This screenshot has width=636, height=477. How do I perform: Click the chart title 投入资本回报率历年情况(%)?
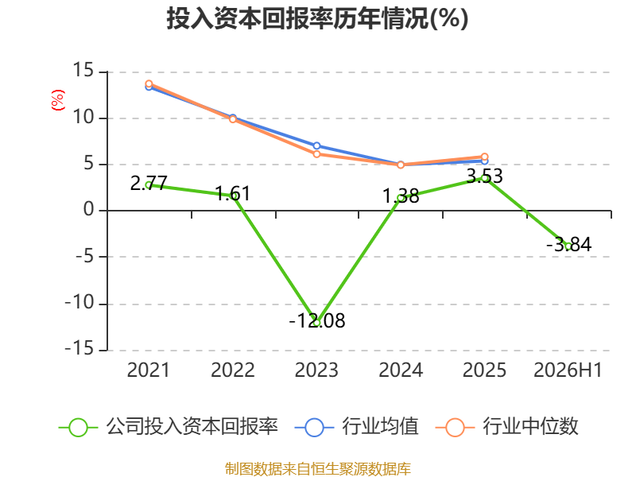click(317, 18)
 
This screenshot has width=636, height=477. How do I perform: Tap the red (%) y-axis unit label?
click(57, 100)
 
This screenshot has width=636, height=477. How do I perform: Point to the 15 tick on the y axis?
click(83, 70)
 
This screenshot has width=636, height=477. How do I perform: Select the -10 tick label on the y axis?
click(79, 302)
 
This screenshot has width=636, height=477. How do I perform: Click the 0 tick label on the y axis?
click(89, 210)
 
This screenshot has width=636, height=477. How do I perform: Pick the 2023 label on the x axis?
click(316, 370)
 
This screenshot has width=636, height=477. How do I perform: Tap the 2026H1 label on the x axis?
click(568, 370)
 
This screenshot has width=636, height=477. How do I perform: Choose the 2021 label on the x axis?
click(148, 370)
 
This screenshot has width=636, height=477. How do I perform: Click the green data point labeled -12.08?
click(316, 323)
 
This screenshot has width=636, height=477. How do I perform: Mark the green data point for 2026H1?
click(568, 246)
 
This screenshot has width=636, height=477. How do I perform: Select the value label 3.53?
click(485, 176)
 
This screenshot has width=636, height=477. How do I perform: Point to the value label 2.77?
click(149, 184)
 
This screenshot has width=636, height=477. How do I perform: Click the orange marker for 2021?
click(149, 84)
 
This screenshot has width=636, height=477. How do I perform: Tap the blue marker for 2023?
click(316, 145)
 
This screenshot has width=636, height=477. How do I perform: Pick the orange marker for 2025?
click(484, 157)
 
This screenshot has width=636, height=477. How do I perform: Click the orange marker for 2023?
click(316, 154)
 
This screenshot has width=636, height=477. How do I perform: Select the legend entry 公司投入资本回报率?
click(169, 427)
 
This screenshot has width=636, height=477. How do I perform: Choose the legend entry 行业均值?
click(356, 427)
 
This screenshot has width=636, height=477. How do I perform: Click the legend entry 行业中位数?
click(506, 427)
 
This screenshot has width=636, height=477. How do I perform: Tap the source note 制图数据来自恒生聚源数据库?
click(318, 469)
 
